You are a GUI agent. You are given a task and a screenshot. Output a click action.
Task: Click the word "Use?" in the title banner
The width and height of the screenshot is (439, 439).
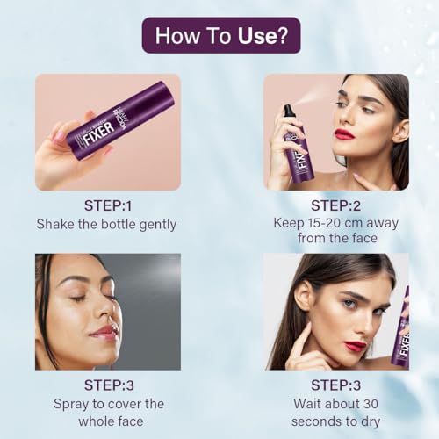[263, 36]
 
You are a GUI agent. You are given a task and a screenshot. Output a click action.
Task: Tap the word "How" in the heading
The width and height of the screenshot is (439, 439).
[176, 36]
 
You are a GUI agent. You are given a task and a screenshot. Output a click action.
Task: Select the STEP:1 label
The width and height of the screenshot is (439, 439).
[108, 205]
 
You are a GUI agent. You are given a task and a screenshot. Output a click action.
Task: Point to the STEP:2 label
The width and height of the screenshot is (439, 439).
[335, 205]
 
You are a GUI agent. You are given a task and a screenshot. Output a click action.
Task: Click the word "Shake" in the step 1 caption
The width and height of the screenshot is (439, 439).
[54, 224]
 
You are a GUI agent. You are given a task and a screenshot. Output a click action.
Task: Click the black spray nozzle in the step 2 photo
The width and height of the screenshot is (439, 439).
[288, 112]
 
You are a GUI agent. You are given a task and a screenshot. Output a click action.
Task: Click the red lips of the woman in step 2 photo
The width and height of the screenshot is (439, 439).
[344, 135]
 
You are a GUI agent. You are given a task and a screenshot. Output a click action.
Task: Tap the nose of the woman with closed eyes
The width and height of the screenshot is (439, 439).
[109, 310]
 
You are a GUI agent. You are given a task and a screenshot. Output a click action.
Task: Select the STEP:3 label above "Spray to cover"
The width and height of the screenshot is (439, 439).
[109, 385]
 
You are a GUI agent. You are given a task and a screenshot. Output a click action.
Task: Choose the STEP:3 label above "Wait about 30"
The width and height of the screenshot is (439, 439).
[335, 385]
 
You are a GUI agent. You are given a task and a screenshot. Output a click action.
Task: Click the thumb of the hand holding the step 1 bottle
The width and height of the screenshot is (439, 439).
[63, 137]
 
